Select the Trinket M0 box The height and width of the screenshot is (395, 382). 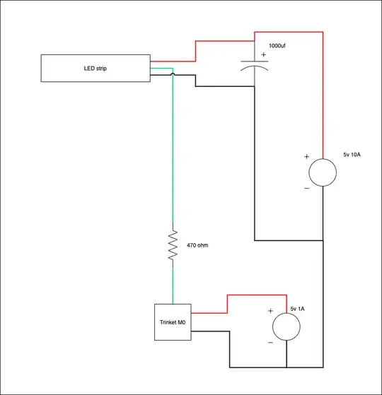[173, 322]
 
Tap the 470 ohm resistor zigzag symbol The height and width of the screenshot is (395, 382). [173, 246]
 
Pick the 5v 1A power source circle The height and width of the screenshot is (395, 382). [286, 326]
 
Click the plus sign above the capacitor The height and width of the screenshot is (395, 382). [263, 54]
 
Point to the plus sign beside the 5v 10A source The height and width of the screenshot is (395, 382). [306, 157]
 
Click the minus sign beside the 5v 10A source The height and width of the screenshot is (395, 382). [306, 188]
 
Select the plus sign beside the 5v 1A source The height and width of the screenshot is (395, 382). [270, 311]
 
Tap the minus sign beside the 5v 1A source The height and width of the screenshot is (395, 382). [270, 342]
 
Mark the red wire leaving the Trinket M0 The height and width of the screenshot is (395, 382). [209, 312]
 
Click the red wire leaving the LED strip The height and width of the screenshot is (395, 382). [173, 61]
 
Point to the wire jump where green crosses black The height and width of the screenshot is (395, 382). [173, 74]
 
